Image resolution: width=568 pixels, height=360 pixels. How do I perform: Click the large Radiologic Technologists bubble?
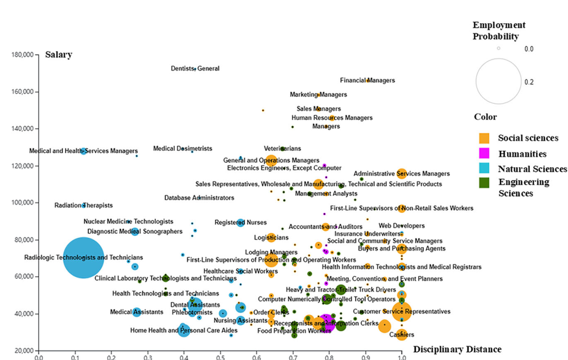pos(83,257)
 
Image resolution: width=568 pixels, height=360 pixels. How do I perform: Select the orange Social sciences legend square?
pos(484,138)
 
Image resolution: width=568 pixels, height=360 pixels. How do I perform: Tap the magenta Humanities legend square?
pos(484,153)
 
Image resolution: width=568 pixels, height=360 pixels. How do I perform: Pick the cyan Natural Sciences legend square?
pos(484,169)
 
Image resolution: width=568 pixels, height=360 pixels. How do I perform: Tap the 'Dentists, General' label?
pos(195,69)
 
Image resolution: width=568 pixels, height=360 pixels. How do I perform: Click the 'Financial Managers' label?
pos(367,80)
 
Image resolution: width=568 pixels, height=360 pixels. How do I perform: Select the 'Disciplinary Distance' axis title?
pos(457,349)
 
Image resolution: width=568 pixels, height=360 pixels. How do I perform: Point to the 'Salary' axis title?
pos(59,55)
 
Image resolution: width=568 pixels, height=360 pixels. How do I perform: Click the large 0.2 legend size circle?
pos(498,82)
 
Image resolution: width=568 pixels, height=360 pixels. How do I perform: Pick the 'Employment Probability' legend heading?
pos(499,31)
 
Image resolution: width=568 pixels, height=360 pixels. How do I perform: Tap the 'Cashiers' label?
pos(402,334)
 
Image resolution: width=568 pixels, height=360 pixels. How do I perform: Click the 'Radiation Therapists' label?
pos(84,205)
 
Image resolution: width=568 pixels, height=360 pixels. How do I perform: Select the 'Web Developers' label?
pos(402,226)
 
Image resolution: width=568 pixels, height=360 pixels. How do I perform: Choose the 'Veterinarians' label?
pos(282,149)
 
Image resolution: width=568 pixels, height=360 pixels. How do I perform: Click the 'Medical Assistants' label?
pos(137,312)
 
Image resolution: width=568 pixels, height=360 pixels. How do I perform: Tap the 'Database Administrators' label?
pos(199,198)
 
